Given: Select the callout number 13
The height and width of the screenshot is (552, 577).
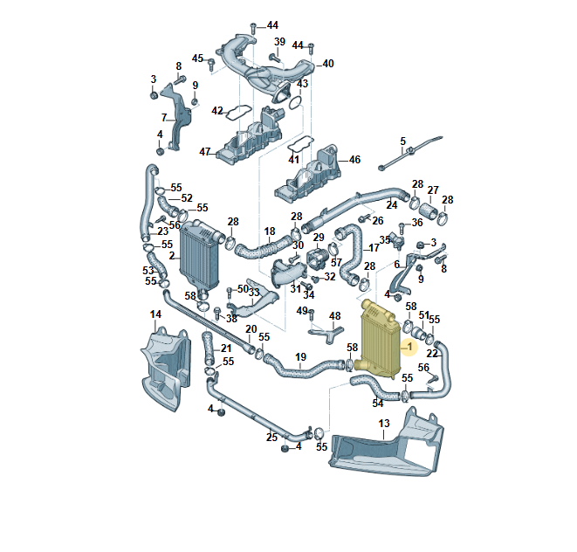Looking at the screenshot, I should (384, 424).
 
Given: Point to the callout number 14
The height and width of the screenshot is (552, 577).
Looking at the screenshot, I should (155, 314).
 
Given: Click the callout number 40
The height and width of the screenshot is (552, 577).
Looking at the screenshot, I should (328, 64).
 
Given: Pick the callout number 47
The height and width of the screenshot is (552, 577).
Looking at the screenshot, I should (205, 151).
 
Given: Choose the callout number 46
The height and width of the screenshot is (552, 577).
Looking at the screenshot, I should (355, 160).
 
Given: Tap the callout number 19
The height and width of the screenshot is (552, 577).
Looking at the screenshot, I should (300, 356).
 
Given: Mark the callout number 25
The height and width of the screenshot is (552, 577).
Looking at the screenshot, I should (272, 437).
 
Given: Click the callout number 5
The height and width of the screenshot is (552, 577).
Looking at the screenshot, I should (403, 141).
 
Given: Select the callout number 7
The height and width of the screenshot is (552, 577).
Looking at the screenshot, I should (163, 118).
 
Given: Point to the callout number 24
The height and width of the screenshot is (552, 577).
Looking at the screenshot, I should (392, 205).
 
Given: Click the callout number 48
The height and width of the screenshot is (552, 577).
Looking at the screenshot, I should (334, 315).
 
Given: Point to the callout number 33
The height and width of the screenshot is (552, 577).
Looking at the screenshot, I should (254, 293).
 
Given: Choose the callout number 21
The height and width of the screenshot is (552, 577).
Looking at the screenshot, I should (226, 348).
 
